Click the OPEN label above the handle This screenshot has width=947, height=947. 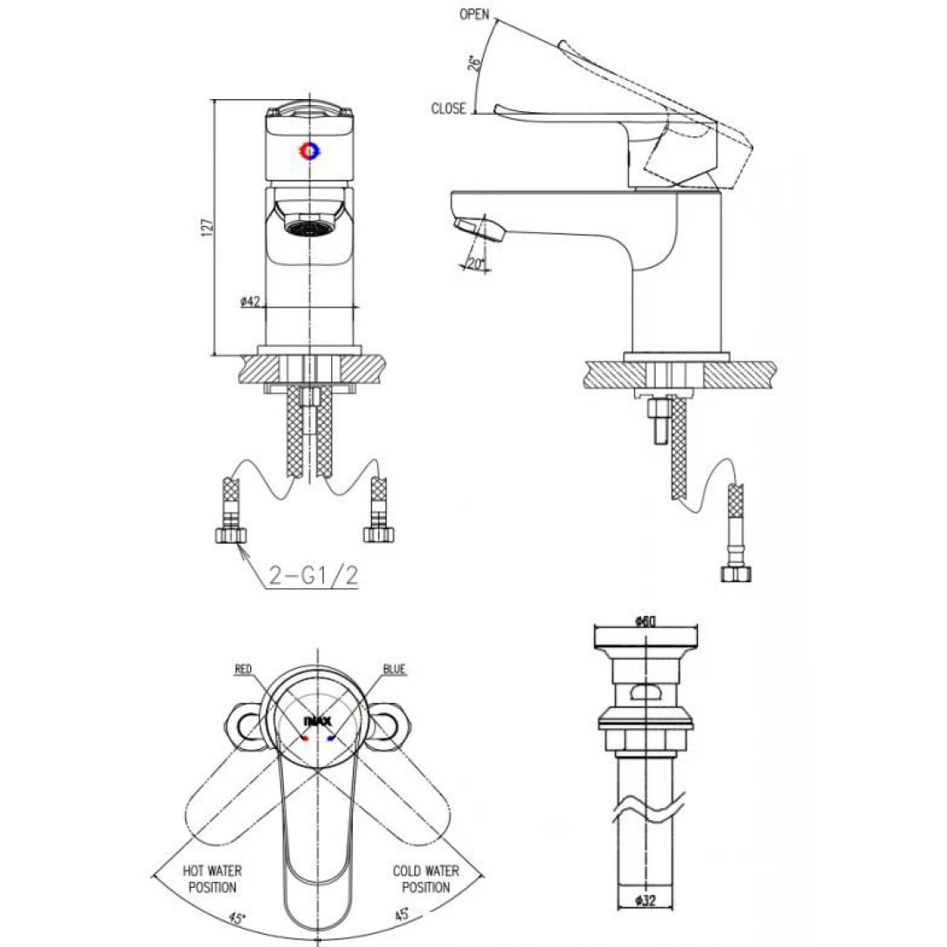[474, 15]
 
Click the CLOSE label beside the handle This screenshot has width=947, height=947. [448, 109]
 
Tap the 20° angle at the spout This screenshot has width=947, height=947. [474, 263]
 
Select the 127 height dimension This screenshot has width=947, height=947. [206, 227]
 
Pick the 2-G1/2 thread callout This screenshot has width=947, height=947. [301, 575]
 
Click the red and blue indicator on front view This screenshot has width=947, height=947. [309, 150]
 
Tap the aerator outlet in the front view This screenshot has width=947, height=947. [309, 227]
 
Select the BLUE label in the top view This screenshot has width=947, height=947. [394, 670]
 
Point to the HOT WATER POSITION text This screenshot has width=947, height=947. [212, 878]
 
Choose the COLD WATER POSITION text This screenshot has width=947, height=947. [426, 878]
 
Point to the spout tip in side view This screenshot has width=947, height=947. [476, 230]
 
